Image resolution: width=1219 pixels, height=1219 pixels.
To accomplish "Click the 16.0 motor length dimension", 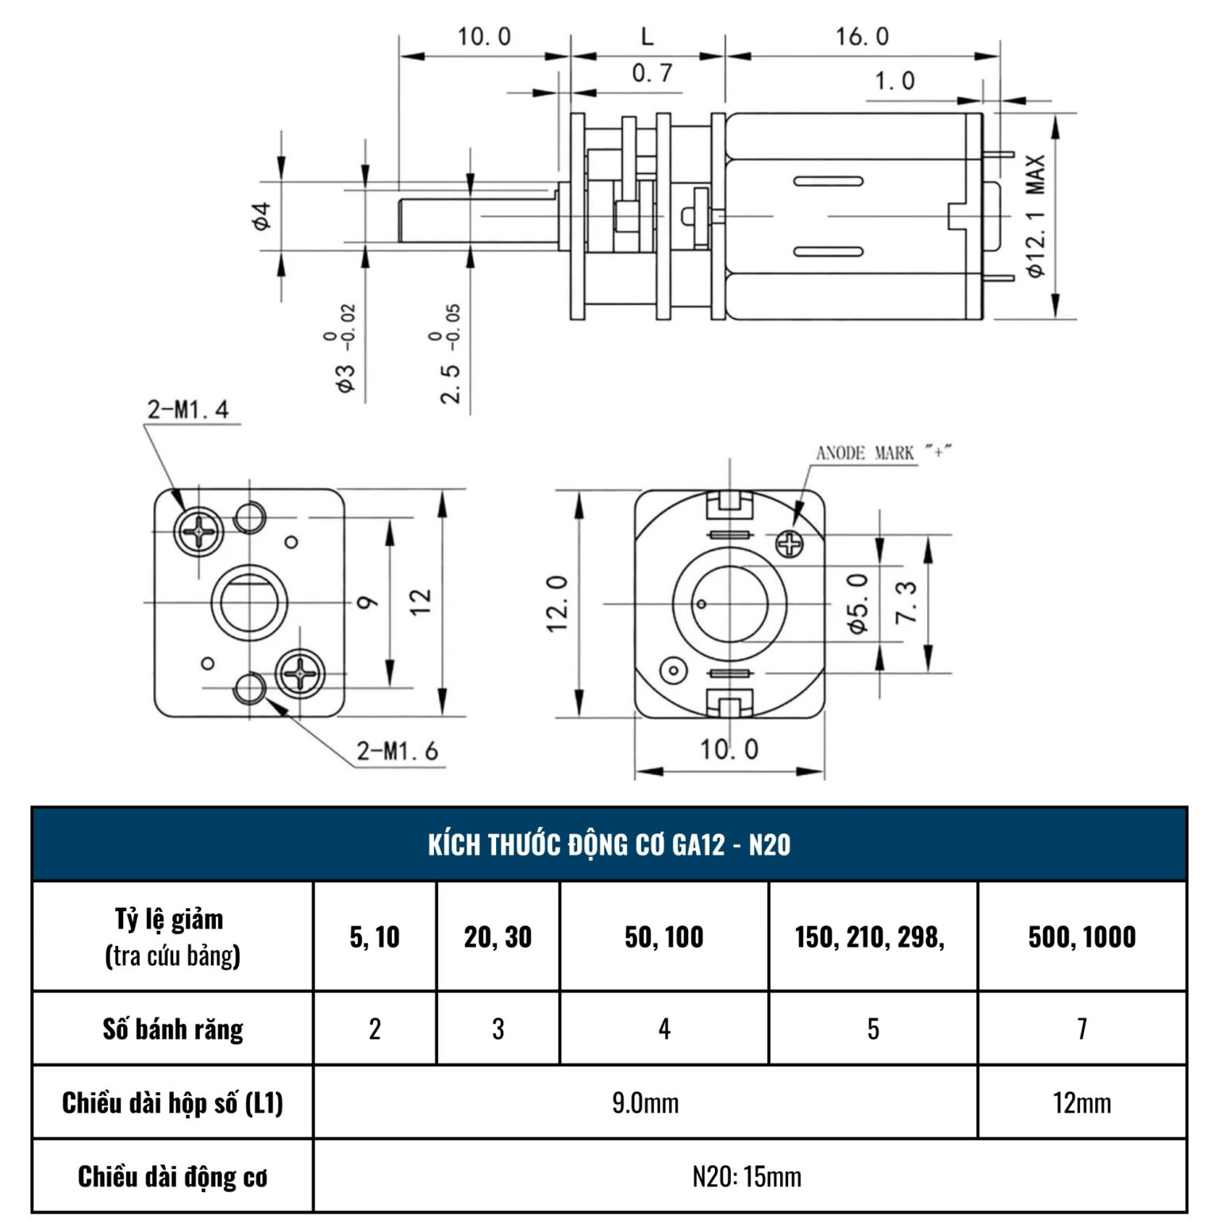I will [862, 37].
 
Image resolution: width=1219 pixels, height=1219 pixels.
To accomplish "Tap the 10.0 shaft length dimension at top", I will [484, 37].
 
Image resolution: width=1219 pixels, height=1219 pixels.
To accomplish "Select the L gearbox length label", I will [648, 37].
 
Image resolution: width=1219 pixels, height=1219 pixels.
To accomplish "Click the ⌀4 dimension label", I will [261, 216].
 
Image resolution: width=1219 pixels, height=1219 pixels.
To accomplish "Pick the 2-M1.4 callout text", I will [188, 410].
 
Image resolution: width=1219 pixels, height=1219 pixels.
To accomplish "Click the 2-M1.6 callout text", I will [397, 751].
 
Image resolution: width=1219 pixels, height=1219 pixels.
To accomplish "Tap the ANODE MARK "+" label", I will [883, 453].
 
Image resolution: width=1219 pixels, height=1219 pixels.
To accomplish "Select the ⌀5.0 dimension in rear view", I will [859, 603].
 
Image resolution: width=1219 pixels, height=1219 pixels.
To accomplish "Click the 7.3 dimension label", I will [906, 602].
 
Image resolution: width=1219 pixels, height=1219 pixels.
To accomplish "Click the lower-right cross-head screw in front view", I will [300, 674].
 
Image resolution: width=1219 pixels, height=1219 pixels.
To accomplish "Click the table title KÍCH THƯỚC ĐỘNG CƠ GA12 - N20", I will [609, 845].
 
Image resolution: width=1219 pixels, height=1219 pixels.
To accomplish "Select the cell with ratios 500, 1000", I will [1082, 937].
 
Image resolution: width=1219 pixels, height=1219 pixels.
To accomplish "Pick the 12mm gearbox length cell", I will [1082, 1103].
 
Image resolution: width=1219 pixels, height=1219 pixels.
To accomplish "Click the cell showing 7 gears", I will [1082, 1029].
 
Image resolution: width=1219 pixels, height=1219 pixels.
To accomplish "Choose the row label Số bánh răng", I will [173, 1029].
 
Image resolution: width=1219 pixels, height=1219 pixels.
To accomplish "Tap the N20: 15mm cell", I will [747, 1176].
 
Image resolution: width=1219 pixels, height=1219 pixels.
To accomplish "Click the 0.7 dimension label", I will [652, 74].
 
